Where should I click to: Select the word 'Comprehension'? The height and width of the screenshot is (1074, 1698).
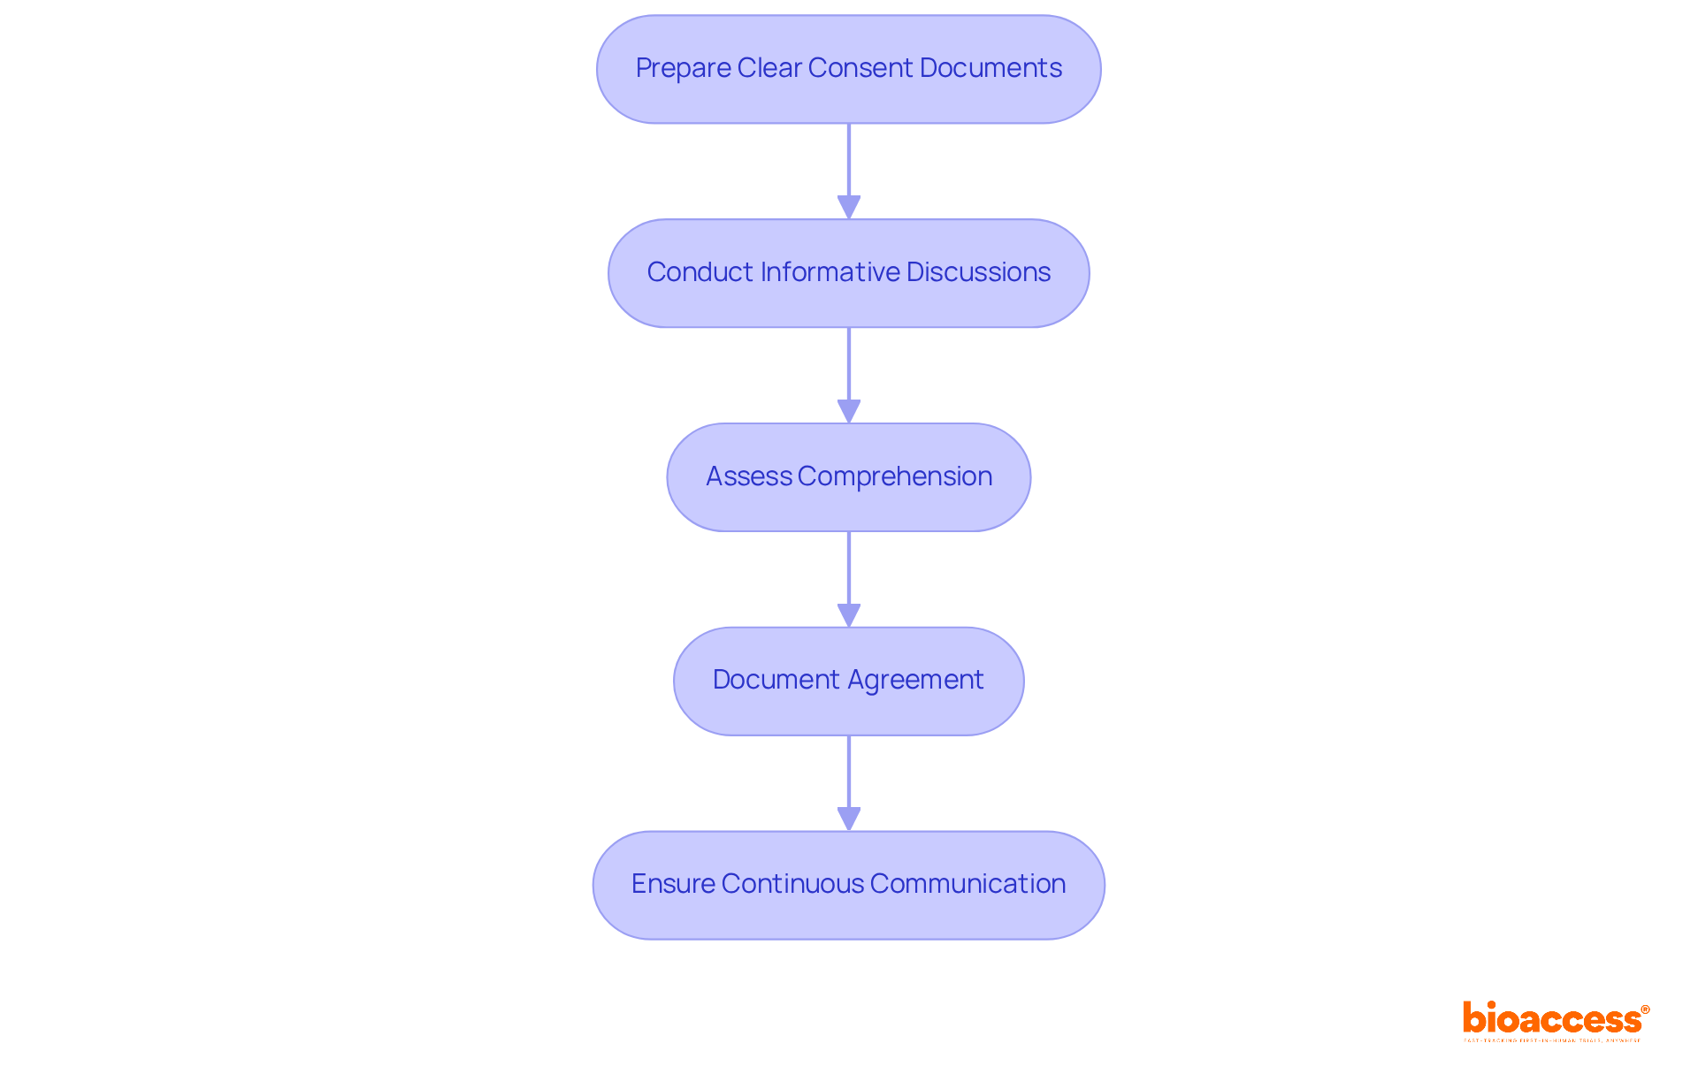click(x=894, y=476)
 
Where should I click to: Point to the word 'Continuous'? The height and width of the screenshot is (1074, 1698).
click(x=792, y=884)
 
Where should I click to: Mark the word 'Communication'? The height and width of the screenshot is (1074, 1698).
click(x=968, y=884)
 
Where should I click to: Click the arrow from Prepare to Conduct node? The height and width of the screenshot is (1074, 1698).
click(x=849, y=168)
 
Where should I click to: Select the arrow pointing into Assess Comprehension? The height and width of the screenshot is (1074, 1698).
click(x=849, y=373)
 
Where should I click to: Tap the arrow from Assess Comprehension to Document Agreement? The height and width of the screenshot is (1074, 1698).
click(x=849, y=576)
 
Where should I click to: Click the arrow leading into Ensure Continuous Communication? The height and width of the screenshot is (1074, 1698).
click(x=849, y=781)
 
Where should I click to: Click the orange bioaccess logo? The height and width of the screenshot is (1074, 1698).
click(x=1551, y=1018)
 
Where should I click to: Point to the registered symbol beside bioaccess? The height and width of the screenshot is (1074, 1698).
click(x=1645, y=1009)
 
